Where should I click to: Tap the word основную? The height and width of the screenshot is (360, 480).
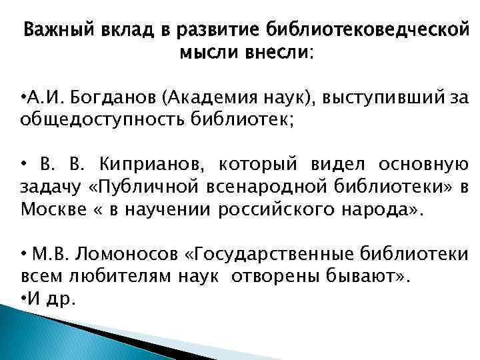[x=428, y=164]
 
